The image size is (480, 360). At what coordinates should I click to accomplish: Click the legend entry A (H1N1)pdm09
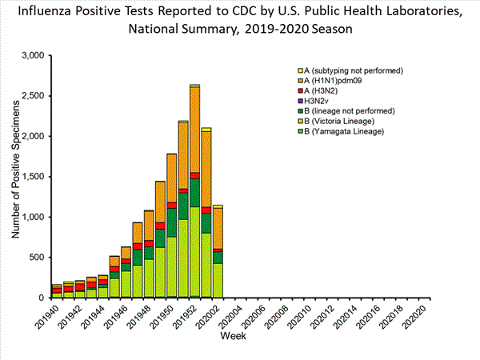(340, 81)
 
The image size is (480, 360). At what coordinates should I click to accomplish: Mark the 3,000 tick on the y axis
(36, 56)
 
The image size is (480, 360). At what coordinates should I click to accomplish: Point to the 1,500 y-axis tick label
(36, 177)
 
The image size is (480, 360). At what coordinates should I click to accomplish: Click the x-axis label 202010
(306, 317)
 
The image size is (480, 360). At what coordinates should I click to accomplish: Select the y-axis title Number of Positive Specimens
(16, 176)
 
